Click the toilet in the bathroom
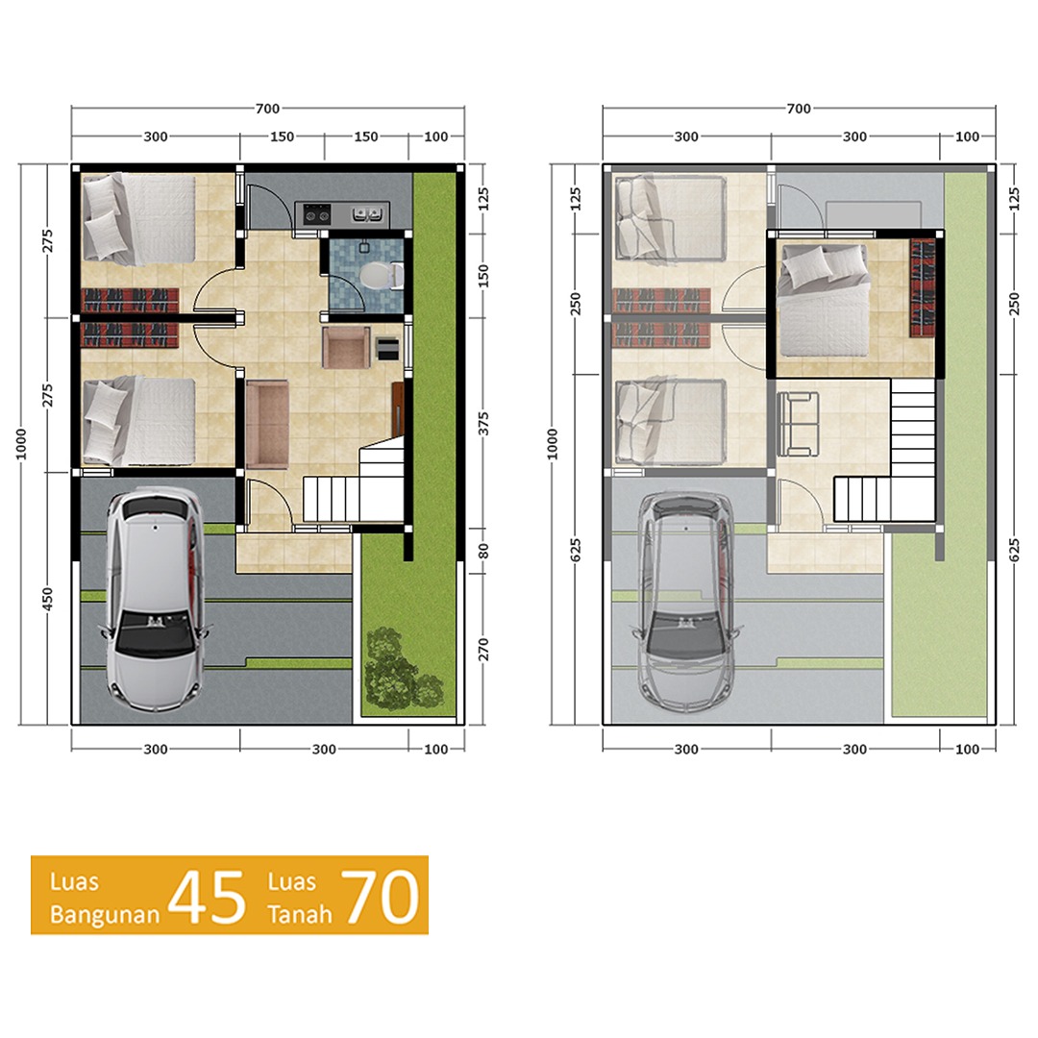coord(379,276)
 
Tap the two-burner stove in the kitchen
coord(316,214)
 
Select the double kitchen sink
coord(366,213)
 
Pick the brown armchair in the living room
coord(346,347)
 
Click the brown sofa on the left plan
coord(267,424)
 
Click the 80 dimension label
coord(483,552)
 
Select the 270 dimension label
coord(483,650)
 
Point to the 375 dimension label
coord(483,424)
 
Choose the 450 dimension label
coord(47,599)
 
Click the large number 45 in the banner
coord(207,897)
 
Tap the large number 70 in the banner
coord(380,896)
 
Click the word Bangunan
coord(105,915)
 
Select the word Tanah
coord(299,914)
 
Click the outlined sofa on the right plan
coord(798,424)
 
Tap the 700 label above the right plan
coord(799,108)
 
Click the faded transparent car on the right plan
coord(686,599)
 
